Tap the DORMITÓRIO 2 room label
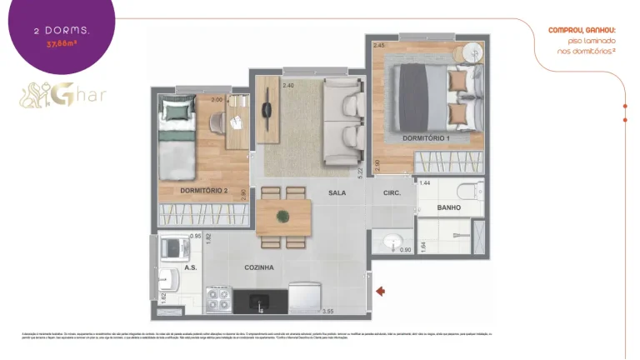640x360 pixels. [x=203, y=191]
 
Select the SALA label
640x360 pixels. [x=337, y=192]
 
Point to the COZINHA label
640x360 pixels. [x=259, y=267]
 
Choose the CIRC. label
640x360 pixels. [x=392, y=192]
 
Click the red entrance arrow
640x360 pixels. [x=381, y=291]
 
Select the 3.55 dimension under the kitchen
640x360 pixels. [x=328, y=312]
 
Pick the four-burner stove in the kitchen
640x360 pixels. [x=218, y=298]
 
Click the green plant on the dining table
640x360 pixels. [x=283, y=215]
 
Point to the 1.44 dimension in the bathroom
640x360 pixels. [x=424, y=182]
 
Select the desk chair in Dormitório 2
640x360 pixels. [x=217, y=122]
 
